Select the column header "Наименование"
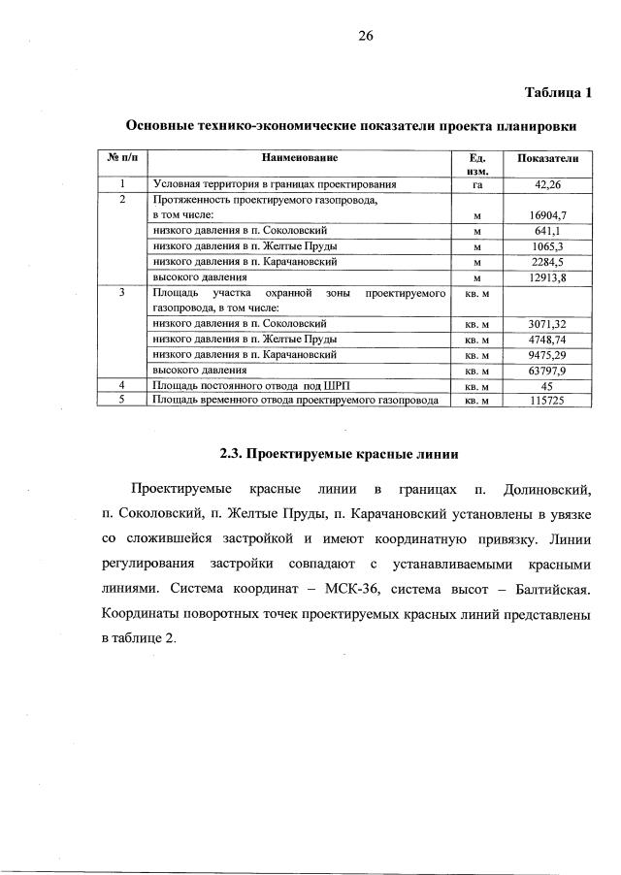tap(299, 156)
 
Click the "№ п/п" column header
tap(122, 156)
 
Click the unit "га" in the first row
tap(477, 183)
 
